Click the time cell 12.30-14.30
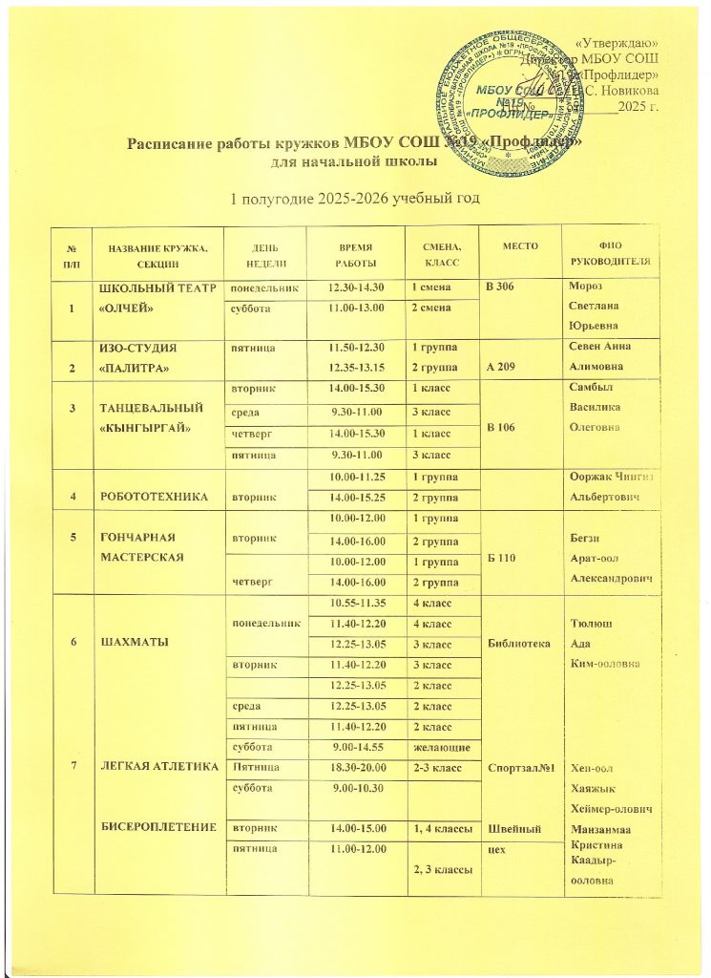coord(353,288)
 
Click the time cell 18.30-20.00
coord(354,767)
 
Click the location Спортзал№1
coord(520,767)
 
